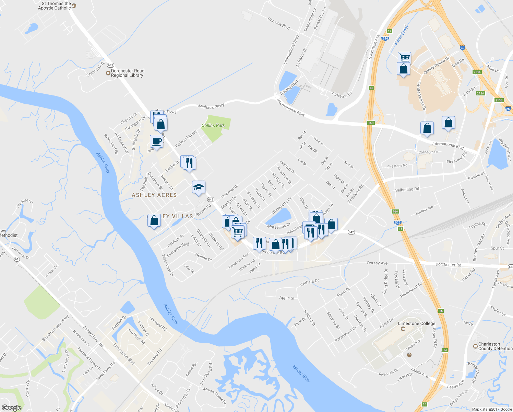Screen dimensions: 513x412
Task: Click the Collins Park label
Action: click(x=213, y=125)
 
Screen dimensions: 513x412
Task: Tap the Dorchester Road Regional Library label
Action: click(x=127, y=73)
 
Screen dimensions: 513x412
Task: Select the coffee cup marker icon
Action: click(x=156, y=141)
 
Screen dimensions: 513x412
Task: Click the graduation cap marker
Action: click(x=199, y=187)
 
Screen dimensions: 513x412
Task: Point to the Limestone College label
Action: click(x=416, y=323)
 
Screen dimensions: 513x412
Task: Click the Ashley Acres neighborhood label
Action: click(x=154, y=195)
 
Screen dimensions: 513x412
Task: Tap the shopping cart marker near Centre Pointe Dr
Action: click(x=405, y=57)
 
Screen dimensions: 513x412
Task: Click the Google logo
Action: click(x=11, y=408)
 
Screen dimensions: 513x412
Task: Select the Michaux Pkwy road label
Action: click(x=211, y=107)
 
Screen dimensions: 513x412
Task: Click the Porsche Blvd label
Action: click(x=279, y=23)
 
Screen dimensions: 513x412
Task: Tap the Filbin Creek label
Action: click(x=402, y=35)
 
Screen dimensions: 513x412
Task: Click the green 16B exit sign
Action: click(x=370, y=123)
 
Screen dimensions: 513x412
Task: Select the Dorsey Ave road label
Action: click(x=377, y=263)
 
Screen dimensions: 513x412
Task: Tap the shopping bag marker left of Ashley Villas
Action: click(x=154, y=221)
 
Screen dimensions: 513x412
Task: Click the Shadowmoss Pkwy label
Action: click(x=55, y=328)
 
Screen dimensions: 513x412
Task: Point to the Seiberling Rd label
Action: click(x=407, y=189)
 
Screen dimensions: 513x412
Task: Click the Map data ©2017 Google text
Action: click(x=492, y=409)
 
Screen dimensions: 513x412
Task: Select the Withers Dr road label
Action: click(x=309, y=282)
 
